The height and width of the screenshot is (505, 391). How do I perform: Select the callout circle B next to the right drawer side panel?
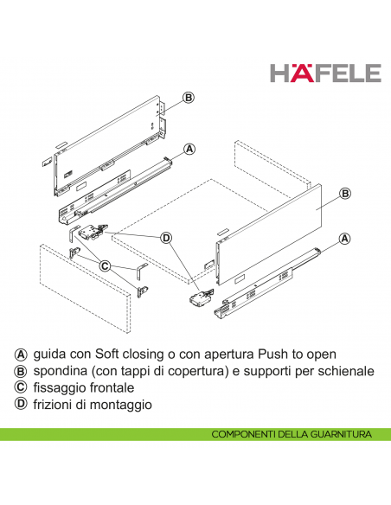click(344, 194)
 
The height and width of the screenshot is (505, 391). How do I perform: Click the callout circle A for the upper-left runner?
click(188, 150)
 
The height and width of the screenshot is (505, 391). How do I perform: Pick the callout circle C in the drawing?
click(104, 265)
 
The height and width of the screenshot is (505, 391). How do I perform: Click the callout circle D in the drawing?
click(166, 237)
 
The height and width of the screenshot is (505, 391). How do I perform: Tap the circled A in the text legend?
click(21, 355)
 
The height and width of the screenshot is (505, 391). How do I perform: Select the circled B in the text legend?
click(21, 372)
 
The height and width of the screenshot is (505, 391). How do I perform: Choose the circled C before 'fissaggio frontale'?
click(21, 388)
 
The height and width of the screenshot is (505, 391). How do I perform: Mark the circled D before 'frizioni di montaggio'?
click(21, 405)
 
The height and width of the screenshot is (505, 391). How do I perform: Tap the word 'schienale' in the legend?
click(344, 372)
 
